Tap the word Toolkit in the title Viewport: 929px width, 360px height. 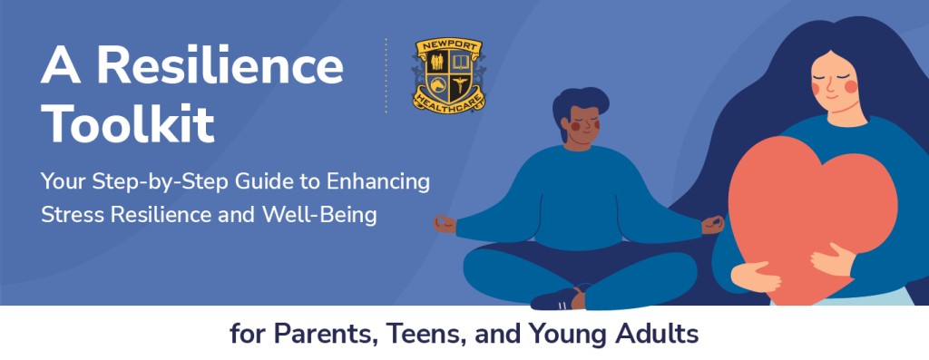point(127,124)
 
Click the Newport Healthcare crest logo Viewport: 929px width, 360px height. point(448,76)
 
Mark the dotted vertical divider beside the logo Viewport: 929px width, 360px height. point(386,76)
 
